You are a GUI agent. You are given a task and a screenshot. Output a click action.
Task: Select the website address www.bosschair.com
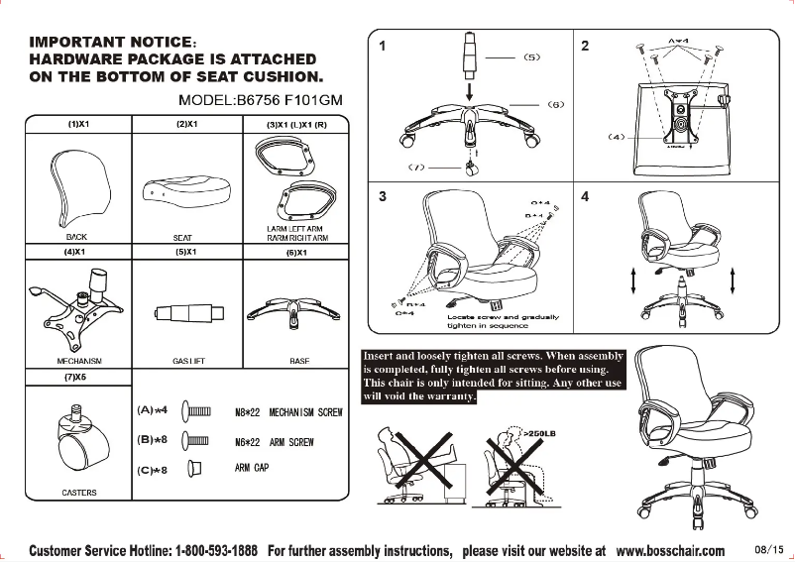[670, 550]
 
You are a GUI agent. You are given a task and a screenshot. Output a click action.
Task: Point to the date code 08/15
[768, 549]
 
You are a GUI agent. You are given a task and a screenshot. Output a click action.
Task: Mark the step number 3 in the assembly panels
[383, 196]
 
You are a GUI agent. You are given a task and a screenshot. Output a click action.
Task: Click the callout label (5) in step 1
[531, 57]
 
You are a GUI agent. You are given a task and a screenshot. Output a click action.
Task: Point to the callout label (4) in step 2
[617, 136]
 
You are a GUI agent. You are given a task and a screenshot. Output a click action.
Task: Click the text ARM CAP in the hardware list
[252, 467]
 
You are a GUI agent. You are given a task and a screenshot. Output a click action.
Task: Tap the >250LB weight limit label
[535, 433]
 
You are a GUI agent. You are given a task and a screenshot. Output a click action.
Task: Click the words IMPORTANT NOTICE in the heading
[109, 43]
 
